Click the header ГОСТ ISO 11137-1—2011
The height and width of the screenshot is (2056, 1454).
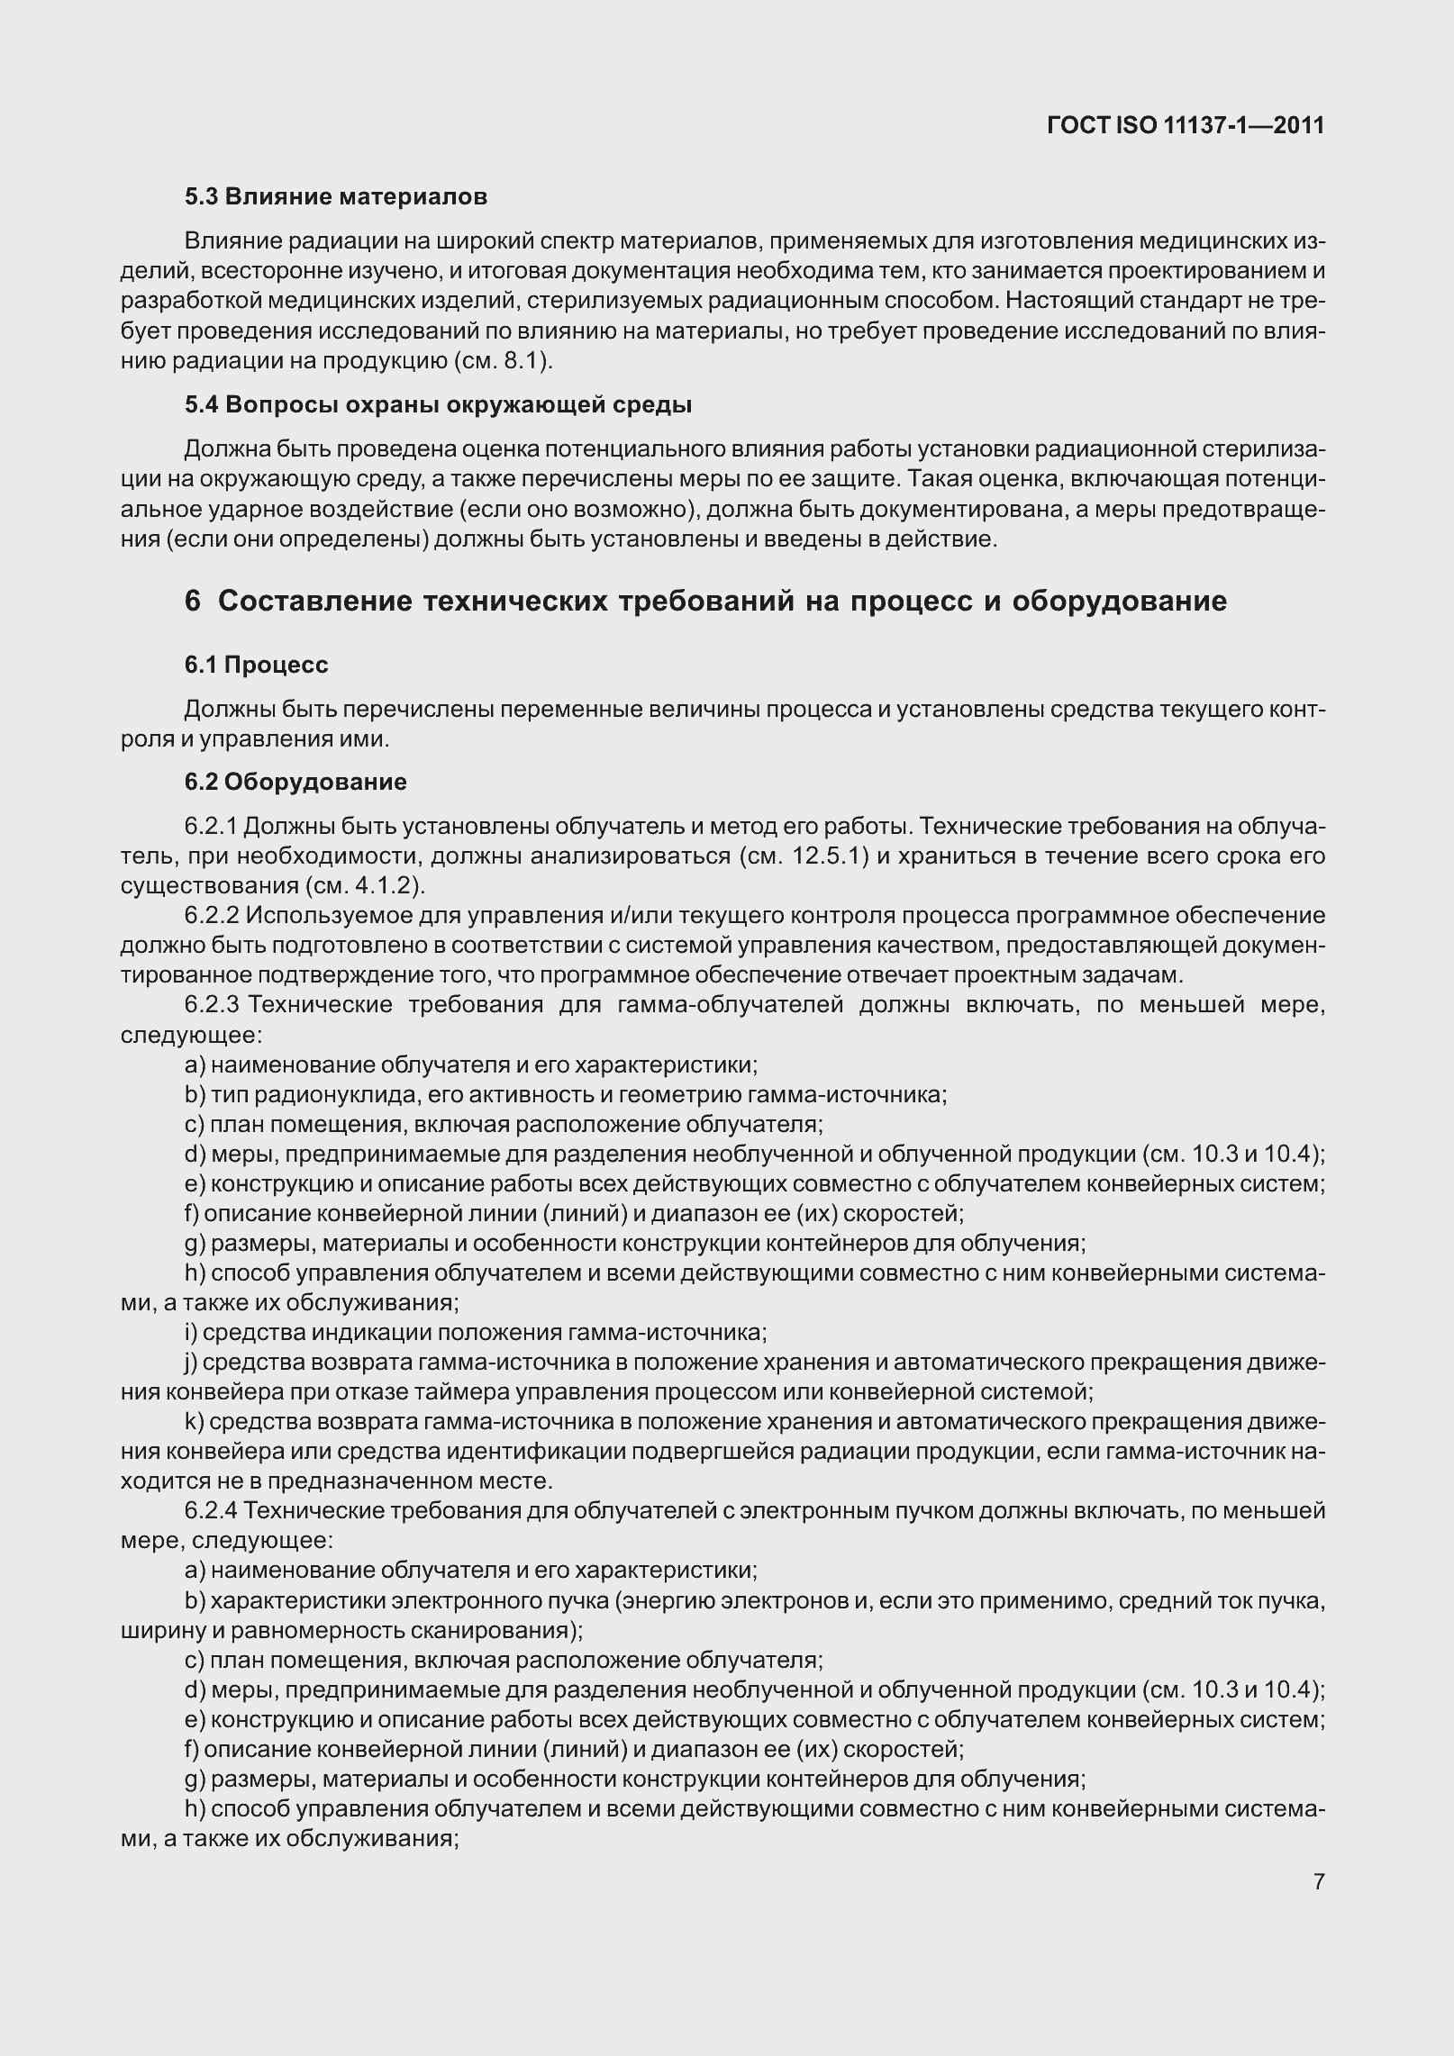coord(1186,125)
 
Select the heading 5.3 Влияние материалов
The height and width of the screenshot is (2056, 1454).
coord(336,196)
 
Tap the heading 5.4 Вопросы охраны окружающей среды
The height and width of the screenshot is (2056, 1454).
coord(438,405)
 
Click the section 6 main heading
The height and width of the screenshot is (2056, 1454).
coord(705,601)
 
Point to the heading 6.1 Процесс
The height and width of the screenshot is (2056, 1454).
coord(257,665)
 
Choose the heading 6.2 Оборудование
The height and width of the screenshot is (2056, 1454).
coord(295,781)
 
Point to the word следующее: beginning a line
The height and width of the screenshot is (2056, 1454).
coord(191,1035)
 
